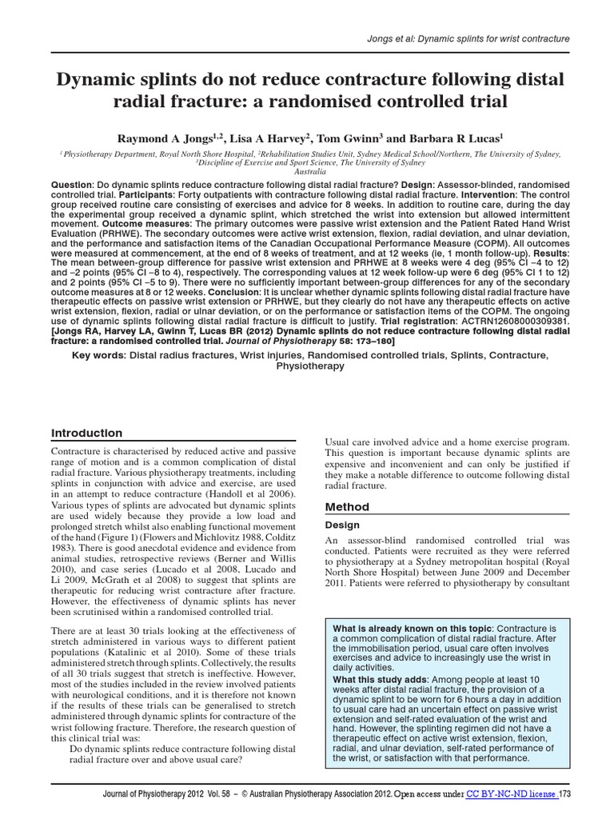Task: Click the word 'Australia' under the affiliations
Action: tap(307, 171)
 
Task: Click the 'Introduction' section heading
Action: tap(87, 433)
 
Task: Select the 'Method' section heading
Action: tap(346, 507)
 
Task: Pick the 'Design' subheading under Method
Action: tap(341, 525)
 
